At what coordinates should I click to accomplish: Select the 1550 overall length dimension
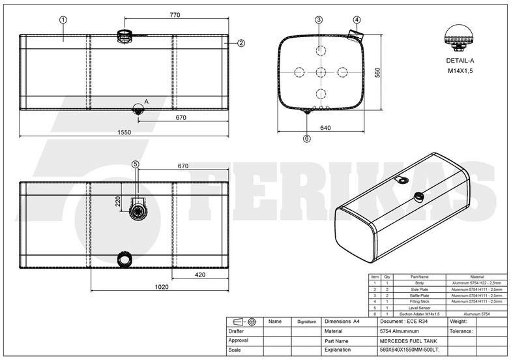pos(124,132)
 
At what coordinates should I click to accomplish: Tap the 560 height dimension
pos(377,73)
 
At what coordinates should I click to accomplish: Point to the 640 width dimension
pos(324,128)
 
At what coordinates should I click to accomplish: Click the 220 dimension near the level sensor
pos(119,202)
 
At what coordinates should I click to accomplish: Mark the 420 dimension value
pos(201,275)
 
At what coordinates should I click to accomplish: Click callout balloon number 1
pos(63,20)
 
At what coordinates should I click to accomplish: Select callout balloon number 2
pos(241,43)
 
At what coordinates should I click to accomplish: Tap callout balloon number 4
pos(357,20)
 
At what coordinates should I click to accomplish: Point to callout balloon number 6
pos(306,138)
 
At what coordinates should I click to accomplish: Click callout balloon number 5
pos(136,164)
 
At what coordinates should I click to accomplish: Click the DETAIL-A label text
pos(460,60)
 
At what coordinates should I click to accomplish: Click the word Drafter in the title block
pos(236,331)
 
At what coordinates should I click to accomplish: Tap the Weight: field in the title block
pos(459,322)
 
